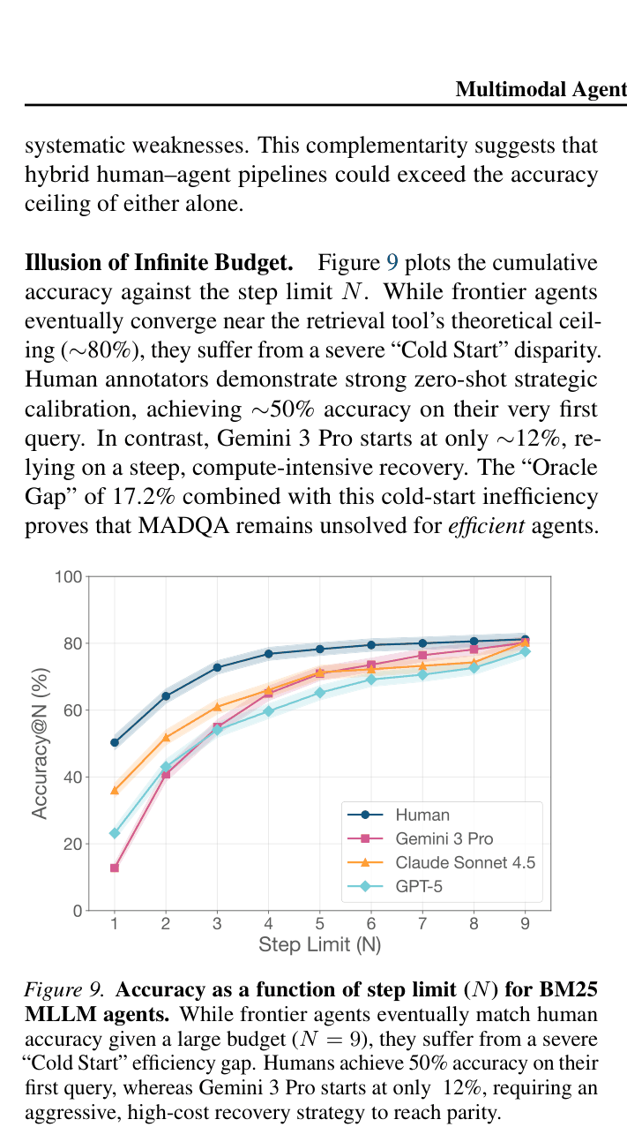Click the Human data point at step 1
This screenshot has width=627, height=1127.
pyautogui.click(x=115, y=742)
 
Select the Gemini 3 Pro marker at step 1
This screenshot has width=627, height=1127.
pyautogui.click(x=115, y=868)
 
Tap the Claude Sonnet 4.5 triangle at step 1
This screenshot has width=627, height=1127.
pyautogui.click(x=115, y=791)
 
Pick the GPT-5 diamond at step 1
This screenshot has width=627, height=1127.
pyautogui.click(x=115, y=833)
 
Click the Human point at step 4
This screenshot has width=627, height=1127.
pyautogui.click(x=268, y=654)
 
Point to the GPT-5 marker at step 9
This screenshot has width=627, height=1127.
pyautogui.click(x=525, y=651)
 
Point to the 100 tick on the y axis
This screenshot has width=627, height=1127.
pyautogui.click(x=69, y=576)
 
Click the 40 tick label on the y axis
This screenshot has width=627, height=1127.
pyautogui.click(x=73, y=778)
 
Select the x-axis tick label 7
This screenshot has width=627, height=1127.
pyautogui.click(x=422, y=923)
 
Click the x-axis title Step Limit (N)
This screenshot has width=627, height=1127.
pyautogui.click(x=320, y=944)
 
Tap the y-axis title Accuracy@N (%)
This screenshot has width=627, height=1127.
pyautogui.click(x=39, y=743)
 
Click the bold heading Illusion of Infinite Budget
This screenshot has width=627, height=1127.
pyautogui.click(x=159, y=263)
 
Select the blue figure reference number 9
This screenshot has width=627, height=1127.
pyautogui.click(x=392, y=263)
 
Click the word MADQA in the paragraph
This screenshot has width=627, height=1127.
pyautogui.click(x=183, y=526)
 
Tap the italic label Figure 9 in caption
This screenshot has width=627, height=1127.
pyautogui.click(x=64, y=989)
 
